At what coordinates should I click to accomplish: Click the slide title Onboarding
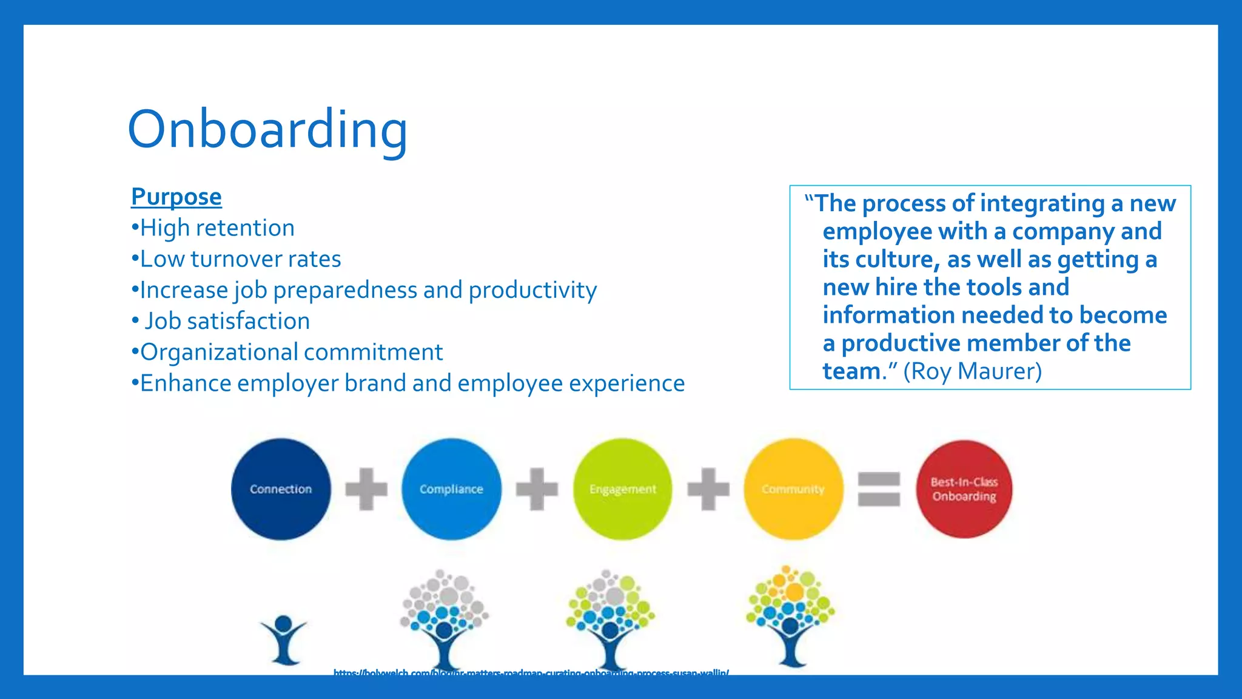point(267,129)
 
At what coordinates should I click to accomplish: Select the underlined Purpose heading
point(176,197)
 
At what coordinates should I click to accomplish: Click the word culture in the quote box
point(895,260)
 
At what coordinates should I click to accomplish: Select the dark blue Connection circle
point(281,489)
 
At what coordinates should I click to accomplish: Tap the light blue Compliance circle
point(451,489)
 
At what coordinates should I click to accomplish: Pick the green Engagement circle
point(622,489)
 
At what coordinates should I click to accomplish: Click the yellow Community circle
point(793,489)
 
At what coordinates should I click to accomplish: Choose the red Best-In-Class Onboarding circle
point(964,489)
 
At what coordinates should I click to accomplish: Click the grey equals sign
point(879,489)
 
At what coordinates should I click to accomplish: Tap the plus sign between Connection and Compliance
point(366,489)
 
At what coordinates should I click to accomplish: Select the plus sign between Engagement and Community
point(708,489)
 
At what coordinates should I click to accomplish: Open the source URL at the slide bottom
point(531,672)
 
